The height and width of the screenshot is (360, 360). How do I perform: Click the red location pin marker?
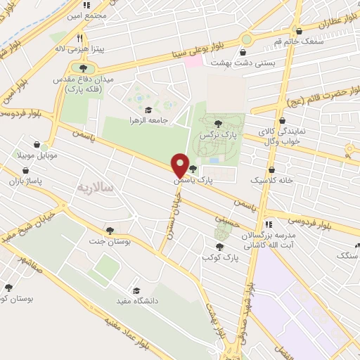point(180,165)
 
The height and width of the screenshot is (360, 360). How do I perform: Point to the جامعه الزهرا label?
point(148,120)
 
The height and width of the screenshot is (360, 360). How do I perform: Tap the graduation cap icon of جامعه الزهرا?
point(148,110)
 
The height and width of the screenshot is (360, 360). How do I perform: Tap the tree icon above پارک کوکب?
point(220,247)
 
